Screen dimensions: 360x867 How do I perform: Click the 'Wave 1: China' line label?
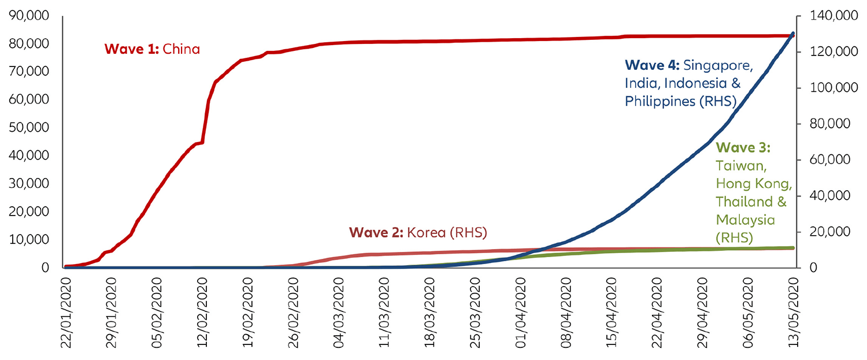tap(152, 49)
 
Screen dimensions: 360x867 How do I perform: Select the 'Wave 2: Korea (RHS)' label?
tap(418, 233)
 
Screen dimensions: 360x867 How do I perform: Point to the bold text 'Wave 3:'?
tap(743, 148)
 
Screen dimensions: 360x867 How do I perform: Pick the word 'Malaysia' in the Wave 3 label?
tap(745, 220)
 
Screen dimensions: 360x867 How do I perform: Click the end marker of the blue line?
tap(792, 34)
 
